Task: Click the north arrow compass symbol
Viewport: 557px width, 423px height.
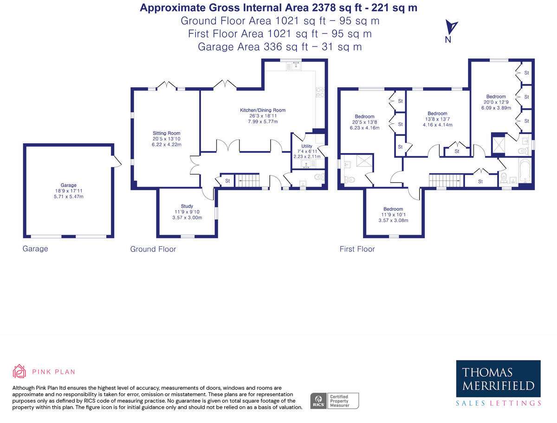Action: pos(450,28)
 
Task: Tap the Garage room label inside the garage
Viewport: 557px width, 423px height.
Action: pos(68,185)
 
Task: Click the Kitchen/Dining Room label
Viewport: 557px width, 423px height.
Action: pos(262,110)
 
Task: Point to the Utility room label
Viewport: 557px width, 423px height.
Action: pos(306,146)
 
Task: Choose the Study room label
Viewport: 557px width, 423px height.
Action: pos(187,206)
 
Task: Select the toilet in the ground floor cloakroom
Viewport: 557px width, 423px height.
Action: pos(318,177)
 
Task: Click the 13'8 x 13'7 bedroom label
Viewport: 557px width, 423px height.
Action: pos(437,114)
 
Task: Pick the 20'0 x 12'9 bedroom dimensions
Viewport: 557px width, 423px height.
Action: pos(496,103)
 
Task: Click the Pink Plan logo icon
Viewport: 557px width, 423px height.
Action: pos(19,371)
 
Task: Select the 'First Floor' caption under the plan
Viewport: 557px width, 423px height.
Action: pos(357,249)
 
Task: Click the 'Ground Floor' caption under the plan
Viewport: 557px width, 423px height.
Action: pos(153,249)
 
